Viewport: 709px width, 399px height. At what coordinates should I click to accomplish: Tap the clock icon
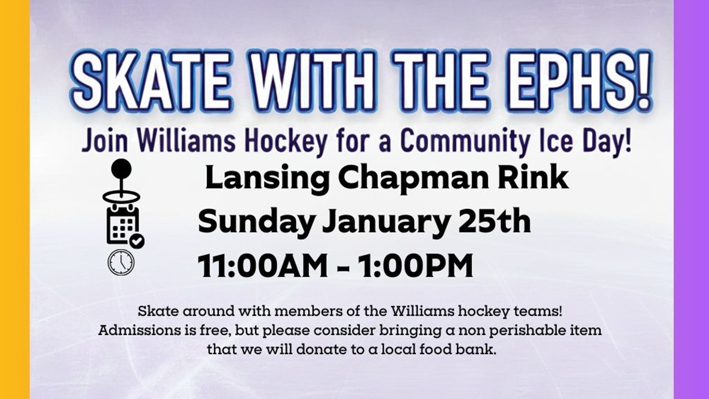(x=121, y=262)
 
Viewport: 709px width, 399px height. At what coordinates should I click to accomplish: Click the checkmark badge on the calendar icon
(x=137, y=241)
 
